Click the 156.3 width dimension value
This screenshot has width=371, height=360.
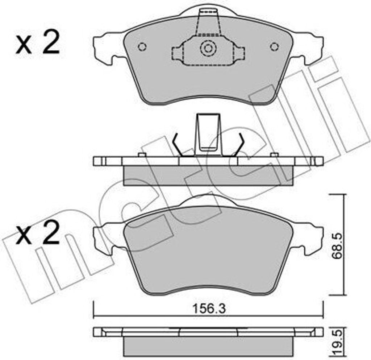pyautogui.click(x=208, y=309)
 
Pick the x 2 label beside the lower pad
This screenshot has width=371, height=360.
pyautogui.click(x=37, y=234)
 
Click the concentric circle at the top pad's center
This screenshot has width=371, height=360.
pyautogui.click(x=208, y=48)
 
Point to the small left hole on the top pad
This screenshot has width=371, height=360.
pyautogui.click(x=142, y=47)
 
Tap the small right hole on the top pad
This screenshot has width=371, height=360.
pyautogui.click(x=275, y=46)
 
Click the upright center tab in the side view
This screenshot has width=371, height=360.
pyautogui.click(x=208, y=134)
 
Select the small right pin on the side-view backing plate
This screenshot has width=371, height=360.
pyautogui.click(x=275, y=155)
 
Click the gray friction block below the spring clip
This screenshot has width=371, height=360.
pyautogui.click(x=208, y=175)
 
